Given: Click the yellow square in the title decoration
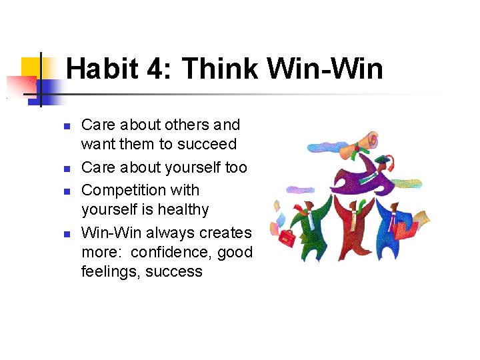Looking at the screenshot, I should pos(31,67).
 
